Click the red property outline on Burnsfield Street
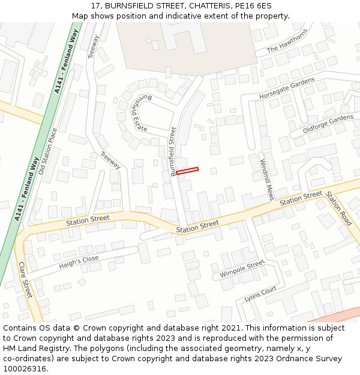[x=187, y=171]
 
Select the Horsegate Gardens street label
[x=287, y=88]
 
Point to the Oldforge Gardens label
[x=328, y=124]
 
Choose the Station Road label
[x=338, y=208]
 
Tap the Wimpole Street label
[x=242, y=269]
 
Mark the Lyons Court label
[x=260, y=294]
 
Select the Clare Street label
[x=25, y=280]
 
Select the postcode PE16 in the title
[x=245, y=5]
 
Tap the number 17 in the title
[x=95, y=5]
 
